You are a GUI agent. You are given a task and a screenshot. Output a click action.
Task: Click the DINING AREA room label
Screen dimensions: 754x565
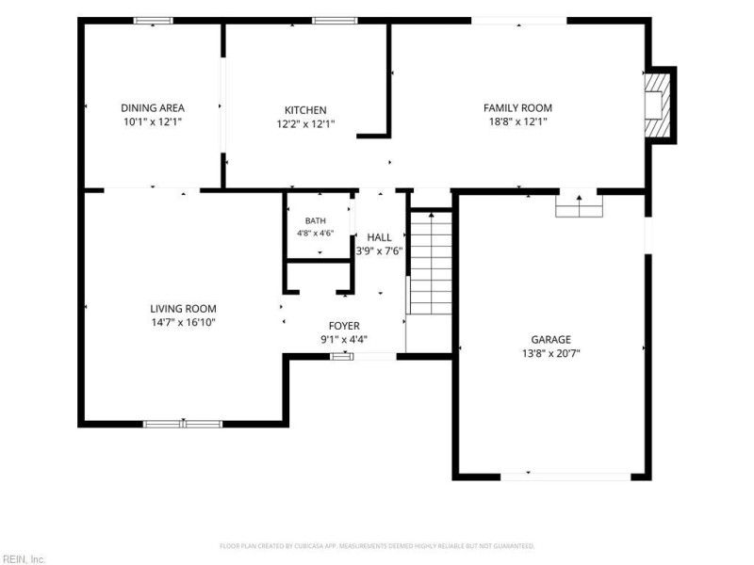coord(153,107)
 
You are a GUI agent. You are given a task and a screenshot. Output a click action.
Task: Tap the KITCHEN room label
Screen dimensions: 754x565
coord(305,110)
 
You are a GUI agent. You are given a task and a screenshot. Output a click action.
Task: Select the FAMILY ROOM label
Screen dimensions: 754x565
coord(517,107)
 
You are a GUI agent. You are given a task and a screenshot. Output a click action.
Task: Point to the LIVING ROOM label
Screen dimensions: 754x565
coord(183,309)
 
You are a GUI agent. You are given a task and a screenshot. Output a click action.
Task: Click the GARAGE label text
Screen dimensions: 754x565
coord(551,340)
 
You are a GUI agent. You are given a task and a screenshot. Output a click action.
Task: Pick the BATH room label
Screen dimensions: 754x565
coord(316,221)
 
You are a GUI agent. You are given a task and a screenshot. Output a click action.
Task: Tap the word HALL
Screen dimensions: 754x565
coord(380,237)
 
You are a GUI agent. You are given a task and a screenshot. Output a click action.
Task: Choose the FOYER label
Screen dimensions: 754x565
coord(344,326)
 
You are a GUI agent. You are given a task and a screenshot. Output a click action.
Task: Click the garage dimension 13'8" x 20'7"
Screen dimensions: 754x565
coord(551,354)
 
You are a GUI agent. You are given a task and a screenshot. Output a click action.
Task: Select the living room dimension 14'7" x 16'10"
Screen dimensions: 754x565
coord(183,322)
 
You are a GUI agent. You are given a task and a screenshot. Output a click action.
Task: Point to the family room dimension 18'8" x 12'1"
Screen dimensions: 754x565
coord(517,121)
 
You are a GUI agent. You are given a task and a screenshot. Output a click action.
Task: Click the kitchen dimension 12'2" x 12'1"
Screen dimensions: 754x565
coord(305,124)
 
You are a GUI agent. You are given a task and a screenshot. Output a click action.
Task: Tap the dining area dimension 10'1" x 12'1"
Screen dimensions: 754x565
coord(153,121)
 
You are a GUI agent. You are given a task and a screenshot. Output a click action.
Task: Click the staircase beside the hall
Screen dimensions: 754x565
coord(432,263)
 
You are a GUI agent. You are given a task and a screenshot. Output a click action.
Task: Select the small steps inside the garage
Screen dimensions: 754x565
coord(579,206)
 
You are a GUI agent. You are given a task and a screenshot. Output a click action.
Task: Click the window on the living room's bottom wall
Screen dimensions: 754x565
coord(183,424)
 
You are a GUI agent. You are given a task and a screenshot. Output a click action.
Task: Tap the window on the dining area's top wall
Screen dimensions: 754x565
coord(153,21)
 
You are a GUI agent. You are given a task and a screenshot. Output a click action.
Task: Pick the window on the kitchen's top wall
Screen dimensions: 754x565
coord(335,21)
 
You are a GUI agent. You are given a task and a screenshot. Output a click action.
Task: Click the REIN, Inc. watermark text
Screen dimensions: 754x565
coord(23,559)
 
